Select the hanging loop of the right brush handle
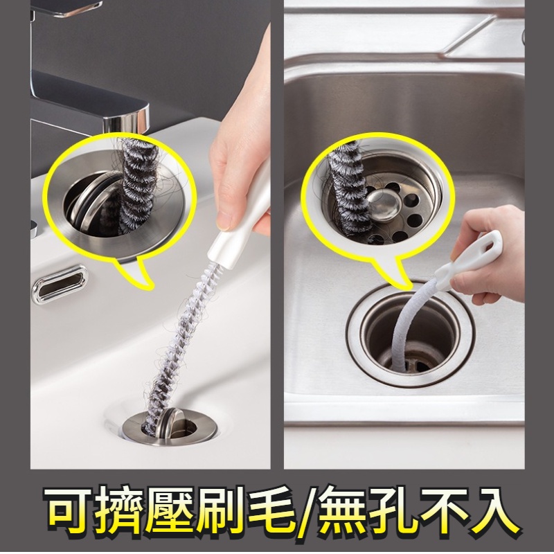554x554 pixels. coord(490,243)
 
